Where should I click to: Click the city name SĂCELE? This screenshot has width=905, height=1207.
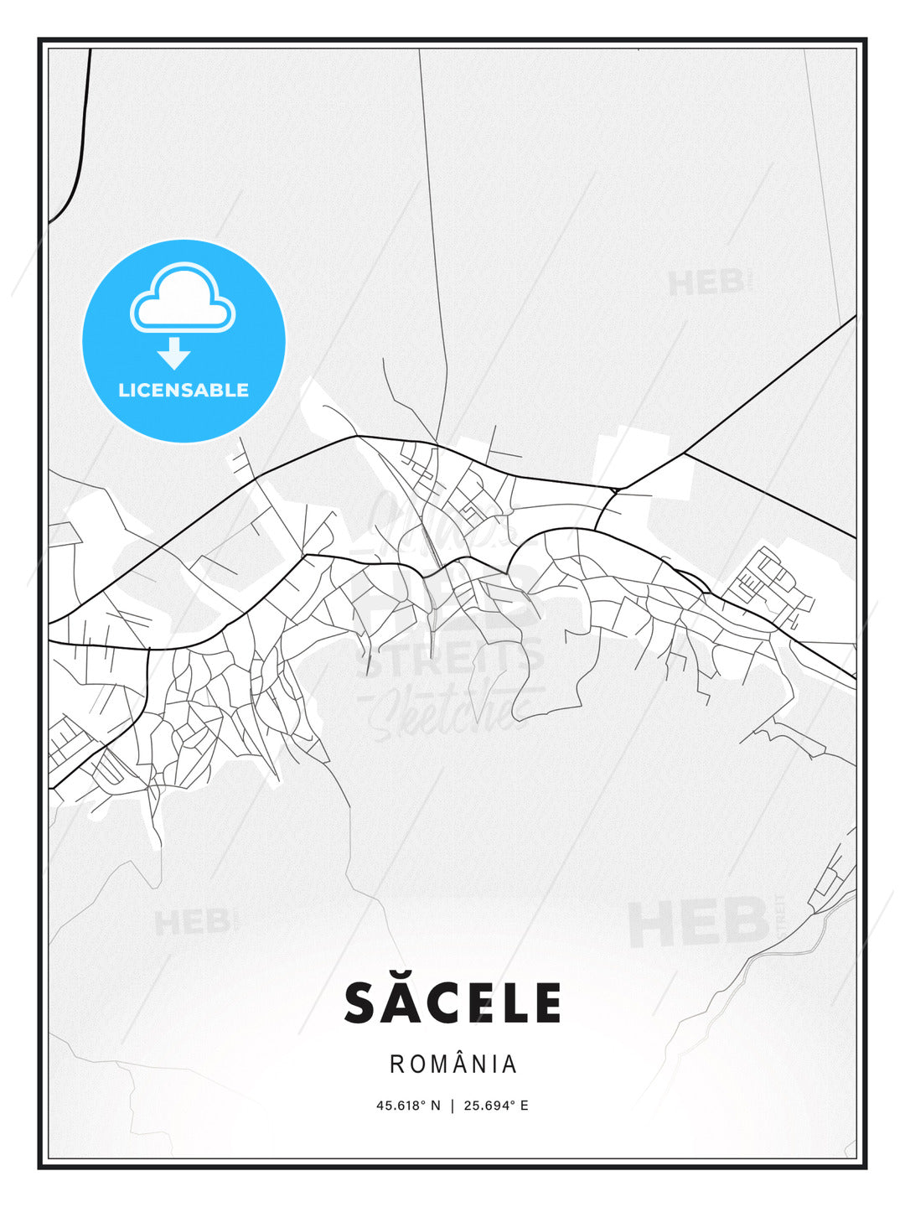click(452, 1003)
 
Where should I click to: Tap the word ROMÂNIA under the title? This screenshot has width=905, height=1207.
click(452, 1065)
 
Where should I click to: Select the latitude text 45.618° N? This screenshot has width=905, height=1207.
click(408, 1105)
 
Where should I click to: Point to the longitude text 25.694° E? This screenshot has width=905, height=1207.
click(496, 1105)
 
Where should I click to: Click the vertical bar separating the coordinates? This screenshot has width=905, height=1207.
click(452, 1105)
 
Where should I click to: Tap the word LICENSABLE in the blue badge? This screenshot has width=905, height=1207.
click(184, 390)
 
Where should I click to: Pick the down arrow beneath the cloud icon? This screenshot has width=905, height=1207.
click(174, 353)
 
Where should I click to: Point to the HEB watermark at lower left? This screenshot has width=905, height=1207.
click(191, 922)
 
